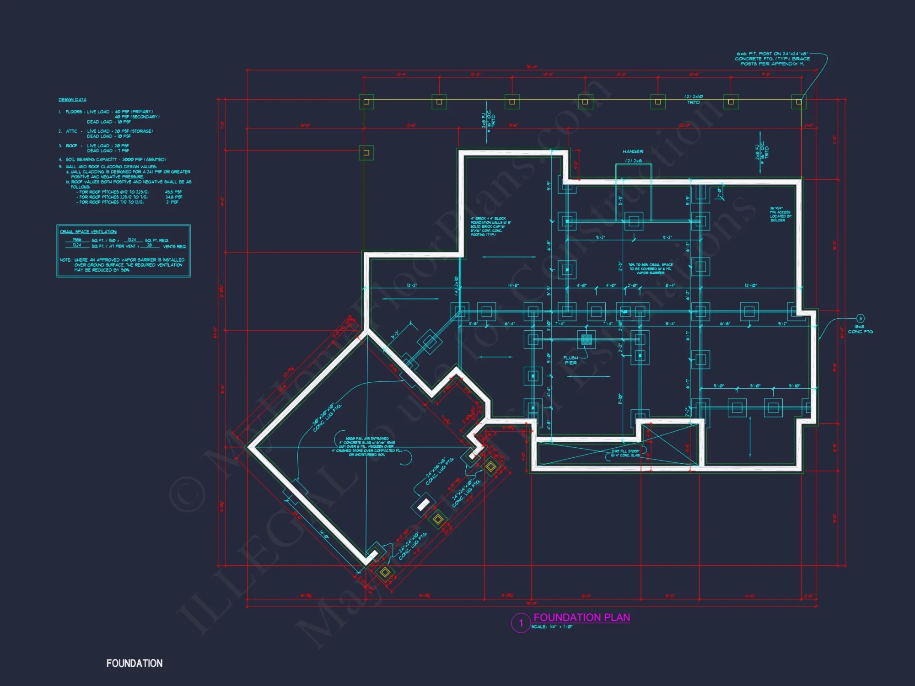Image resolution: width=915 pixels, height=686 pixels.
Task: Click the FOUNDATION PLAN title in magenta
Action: [581, 617]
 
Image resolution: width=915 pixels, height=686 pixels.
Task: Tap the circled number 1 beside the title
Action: [521, 623]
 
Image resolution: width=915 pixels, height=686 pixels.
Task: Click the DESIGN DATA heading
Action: [72, 100]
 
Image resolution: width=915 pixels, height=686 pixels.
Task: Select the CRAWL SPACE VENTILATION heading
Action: [88, 232]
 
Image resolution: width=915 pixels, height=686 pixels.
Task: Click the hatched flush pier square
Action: [586, 339]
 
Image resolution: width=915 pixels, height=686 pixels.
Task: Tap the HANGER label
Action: [633, 151]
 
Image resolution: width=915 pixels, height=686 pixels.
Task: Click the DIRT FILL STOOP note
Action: [625, 453]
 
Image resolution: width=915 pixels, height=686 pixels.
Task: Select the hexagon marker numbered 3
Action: [860, 319]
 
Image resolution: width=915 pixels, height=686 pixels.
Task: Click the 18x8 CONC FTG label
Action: [860, 329]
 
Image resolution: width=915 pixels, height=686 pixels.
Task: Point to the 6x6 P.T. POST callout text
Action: [772, 59]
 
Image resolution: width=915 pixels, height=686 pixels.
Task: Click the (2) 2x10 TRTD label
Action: [694, 99]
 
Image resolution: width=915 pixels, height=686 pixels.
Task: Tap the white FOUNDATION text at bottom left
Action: [135, 663]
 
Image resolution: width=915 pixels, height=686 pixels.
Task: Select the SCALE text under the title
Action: [552, 627]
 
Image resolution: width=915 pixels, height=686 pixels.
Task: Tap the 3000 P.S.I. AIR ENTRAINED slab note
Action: [367, 446]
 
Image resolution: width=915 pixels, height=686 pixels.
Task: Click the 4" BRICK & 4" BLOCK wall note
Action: [490, 226]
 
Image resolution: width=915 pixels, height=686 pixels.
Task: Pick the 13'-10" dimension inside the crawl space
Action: [751, 285]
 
